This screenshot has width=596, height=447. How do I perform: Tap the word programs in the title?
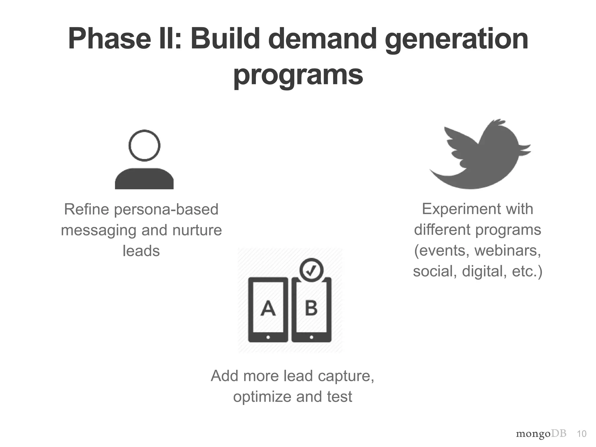pyautogui.click(x=298, y=75)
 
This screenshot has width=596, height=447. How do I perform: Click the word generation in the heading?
pyautogui.click(x=456, y=39)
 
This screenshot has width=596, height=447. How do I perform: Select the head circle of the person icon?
pyautogui.click(x=144, y=146)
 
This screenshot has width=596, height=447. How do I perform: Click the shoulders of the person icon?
pyautogui.click(x=144, y=179)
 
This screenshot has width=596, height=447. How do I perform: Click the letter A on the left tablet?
pyautogui.click(x=268, y=308)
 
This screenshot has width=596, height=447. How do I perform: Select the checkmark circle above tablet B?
pyautogui.click(x=311, y=270)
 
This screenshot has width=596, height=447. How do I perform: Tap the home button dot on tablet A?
pyautogui.click(x=268, y=338)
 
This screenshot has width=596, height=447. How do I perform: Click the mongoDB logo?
pyautogui.click(x=541, y=434)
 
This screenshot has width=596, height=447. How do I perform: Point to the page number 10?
pyautogui.click(x=581, y=434)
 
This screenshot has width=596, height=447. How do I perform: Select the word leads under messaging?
pyautogui.click(x=141, y=251)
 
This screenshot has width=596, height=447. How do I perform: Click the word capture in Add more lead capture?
pyautogui.click(x=346, y=376)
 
